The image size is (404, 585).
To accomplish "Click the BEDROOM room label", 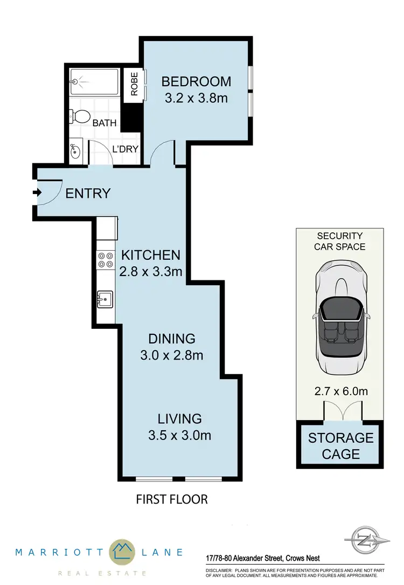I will (x=196, y=81).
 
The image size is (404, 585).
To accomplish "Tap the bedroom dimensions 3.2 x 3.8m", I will (x=196, y=99).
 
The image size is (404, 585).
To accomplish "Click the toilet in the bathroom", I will (x=80, y=116).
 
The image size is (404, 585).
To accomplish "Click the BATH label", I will (x=105, y=123).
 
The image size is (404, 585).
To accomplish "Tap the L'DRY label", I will (x=125, y=149).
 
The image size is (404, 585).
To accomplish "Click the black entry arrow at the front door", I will (x=37, y=192).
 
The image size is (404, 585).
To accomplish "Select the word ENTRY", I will (x=88, y=194).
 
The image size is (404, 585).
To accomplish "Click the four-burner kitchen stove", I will (x=105, y=260).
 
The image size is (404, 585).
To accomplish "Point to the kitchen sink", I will (x=105, y=298).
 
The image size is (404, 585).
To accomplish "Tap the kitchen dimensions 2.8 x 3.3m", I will (x=150, y=271).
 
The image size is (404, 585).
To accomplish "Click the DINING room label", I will (x=171, y=339).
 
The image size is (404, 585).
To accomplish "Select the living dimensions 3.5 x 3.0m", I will (x=179, y=435).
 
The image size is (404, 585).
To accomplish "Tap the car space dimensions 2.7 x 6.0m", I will (x=340, y=391).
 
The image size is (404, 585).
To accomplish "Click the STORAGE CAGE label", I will (x=340, y=445).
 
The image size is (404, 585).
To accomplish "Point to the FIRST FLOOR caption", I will (x=171, y=499).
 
